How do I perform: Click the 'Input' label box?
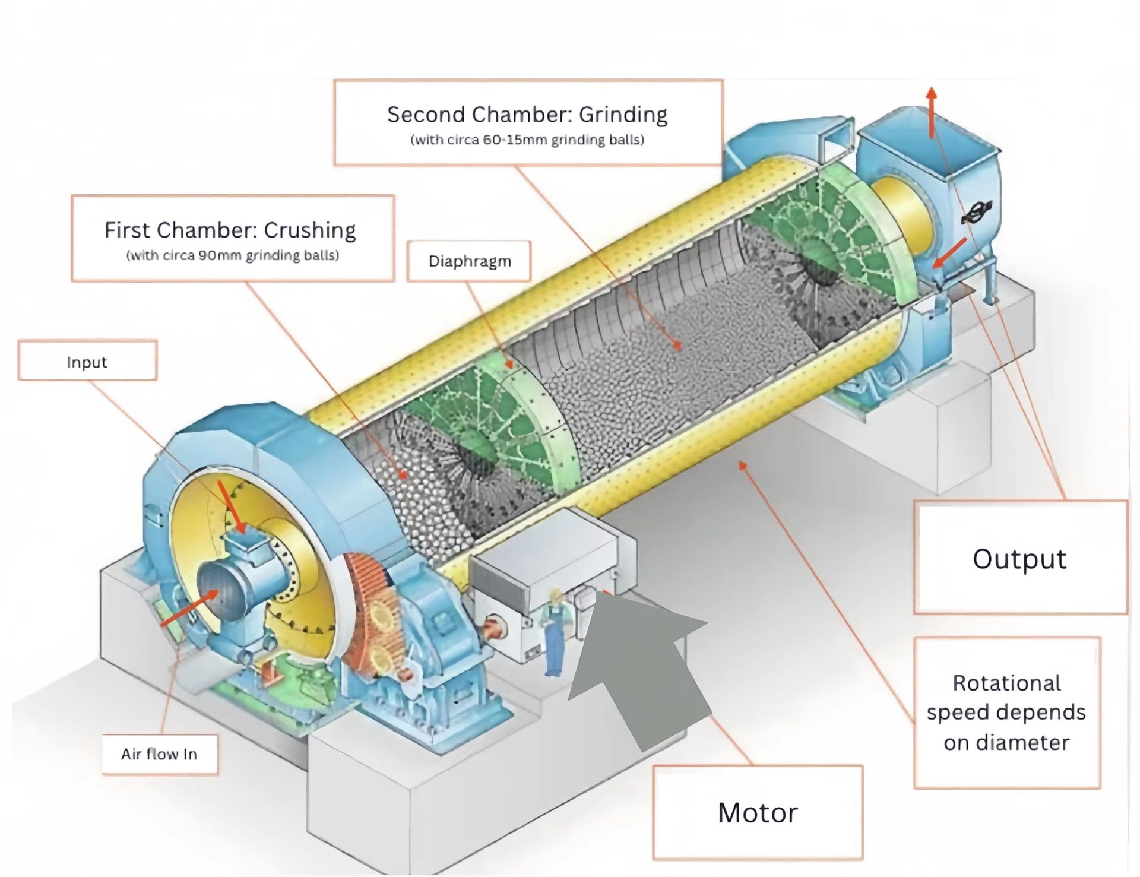87,360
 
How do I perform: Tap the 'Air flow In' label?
159,754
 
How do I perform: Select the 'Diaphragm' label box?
469,261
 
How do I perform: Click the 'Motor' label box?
758,812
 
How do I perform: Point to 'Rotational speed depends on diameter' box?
1007,713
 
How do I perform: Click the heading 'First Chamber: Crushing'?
230,230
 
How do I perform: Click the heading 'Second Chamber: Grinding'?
527,114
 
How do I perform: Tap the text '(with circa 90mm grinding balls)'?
232,255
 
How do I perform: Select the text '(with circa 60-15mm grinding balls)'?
527,140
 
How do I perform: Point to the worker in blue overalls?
554,633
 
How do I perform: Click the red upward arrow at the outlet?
932,112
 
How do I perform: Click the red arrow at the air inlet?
188,609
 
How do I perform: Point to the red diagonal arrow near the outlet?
949,254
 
